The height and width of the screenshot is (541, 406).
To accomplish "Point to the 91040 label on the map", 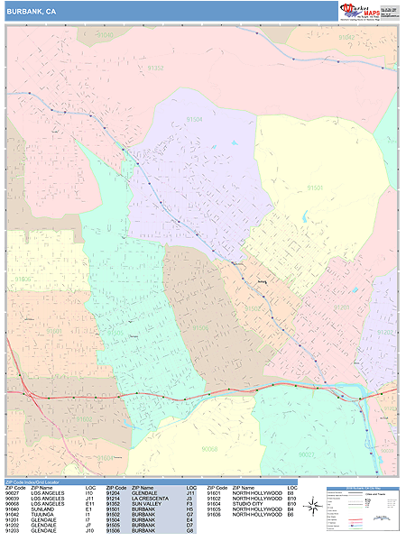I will pyautogui.click(x=106, y=35).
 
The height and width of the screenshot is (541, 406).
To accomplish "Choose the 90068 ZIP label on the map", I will pyautogui.click(x=210, y=449).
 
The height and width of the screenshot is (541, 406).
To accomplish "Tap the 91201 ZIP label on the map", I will pyautogui.click(x=342, y=307).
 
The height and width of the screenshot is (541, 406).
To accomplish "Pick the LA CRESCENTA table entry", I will pyautogui.click(x=149, y=498).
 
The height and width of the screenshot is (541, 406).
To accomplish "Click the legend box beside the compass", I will pyautogui.click(x=361, y=508).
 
